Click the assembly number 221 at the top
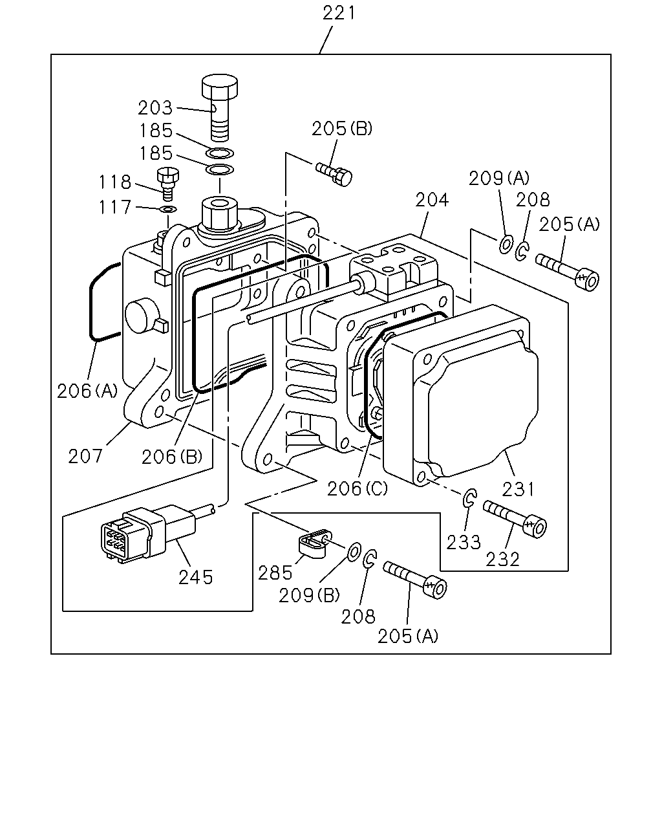pyautogui.click(x=339, y=14)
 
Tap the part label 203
pyautogui.click(x=155, y=108)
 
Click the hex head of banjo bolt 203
pyautogui.click(x=220, y=86)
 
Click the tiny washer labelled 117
pyautogui.click(x=168, y=210)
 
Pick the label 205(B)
pyautogui.click(x=342, y=129)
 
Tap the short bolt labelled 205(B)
pyautogui.click(x=334, y=174)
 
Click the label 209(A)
pyautogui.click(x=499, y=178)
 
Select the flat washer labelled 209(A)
pyautogui.click(x=506, y=244)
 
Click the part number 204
pyautogui.click(x=432, y=200)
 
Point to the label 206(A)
pyautogui.click(x=87, y=391)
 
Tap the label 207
pyautogui.click(x=85, y=456)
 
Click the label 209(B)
pyautogui.click(x=309, y=596)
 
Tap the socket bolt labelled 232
pyautogui.click(x=515, y=519)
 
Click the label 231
pyautogui.click(x=518, y=490)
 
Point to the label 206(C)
pyautogui.click(x=358, y=488)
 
